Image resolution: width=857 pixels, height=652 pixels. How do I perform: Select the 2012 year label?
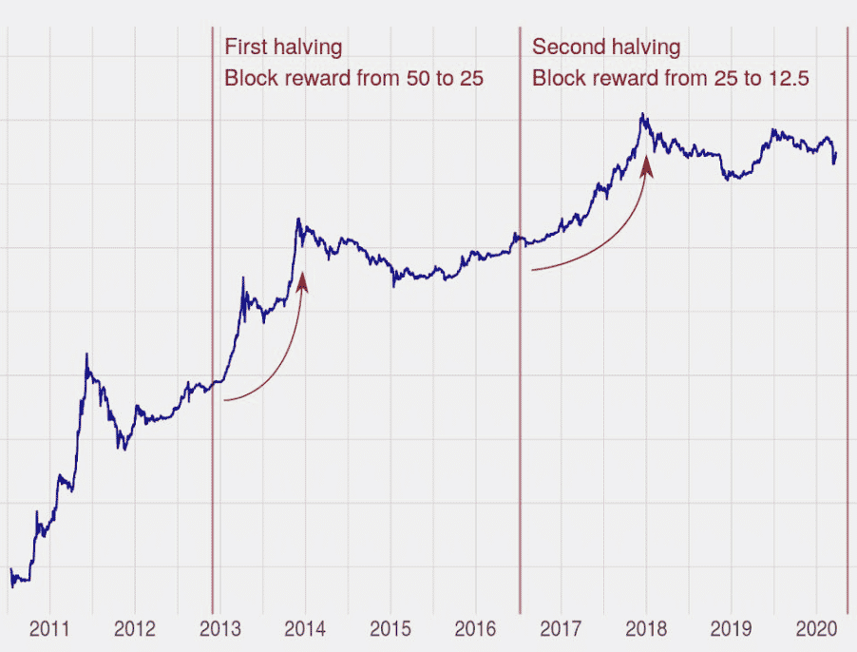pos(134,628)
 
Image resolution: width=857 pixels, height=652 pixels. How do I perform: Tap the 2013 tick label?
pos(219,628)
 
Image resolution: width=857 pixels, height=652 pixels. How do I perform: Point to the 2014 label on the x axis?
pos(305,628)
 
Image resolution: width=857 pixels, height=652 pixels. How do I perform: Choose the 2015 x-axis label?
pos(390,628)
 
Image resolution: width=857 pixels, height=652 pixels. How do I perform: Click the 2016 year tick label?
pos(475,628)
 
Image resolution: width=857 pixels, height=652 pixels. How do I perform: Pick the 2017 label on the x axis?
pos(561,628)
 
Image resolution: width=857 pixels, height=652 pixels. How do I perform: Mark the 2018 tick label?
pos(646,628)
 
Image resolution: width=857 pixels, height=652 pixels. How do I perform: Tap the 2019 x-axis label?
pos(731,628)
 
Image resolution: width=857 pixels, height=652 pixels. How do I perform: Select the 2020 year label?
pos(816,628)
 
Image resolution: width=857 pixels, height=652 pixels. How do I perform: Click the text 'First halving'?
pos(282,47)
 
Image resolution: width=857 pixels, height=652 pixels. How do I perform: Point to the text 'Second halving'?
pos(605,47)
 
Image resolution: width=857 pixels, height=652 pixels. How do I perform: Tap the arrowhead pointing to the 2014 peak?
pos(302,279)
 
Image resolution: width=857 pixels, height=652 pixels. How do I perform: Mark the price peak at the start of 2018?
pos(643,115)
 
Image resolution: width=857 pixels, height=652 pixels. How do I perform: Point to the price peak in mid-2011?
pos(86,355)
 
